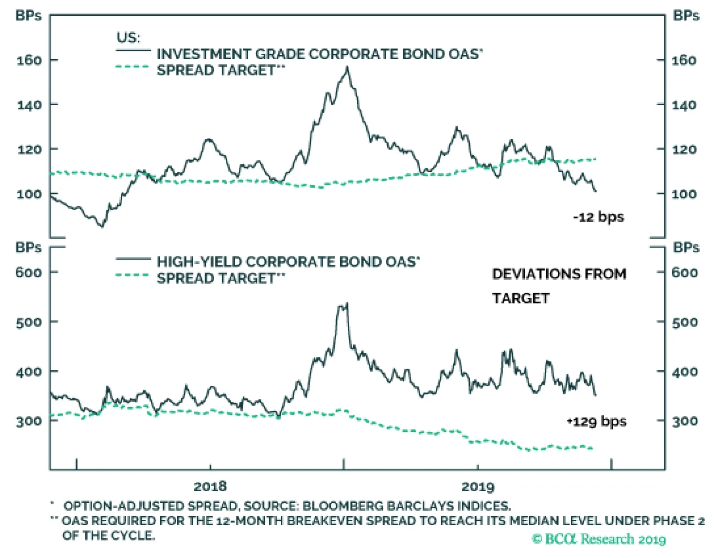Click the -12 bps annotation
tap(598, 217)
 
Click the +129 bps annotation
tap(597, 422)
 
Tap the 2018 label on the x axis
tap(210, 486)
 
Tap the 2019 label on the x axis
tap(477, 486)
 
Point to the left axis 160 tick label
tap(29, 60)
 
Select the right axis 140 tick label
tap(684, 105)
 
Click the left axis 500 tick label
tap(29, 322)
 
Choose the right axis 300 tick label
tap(685, 421)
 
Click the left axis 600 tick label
tap(29, 272)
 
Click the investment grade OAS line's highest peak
tap(347, 68)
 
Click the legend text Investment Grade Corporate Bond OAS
tap(320, 54)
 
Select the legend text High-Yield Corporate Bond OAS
tap(288, 262)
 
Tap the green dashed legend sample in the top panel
tap(132, 67)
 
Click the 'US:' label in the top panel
tap(128, 37)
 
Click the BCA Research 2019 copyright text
tap(599, 539)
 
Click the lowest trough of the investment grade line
tap(102, 227)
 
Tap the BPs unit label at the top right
tap(686, 16)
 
